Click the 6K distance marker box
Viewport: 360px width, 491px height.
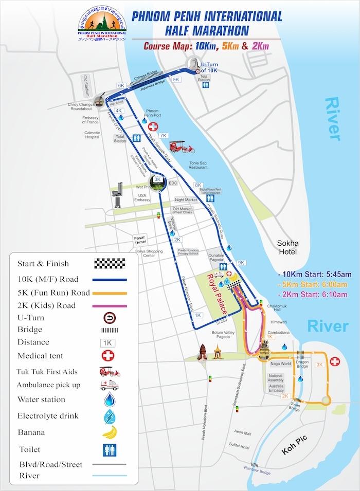[x=121, y=85]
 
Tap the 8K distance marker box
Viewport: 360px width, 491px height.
[x=199, y=185]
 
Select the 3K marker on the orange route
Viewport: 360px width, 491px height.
[x=319, y=365]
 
